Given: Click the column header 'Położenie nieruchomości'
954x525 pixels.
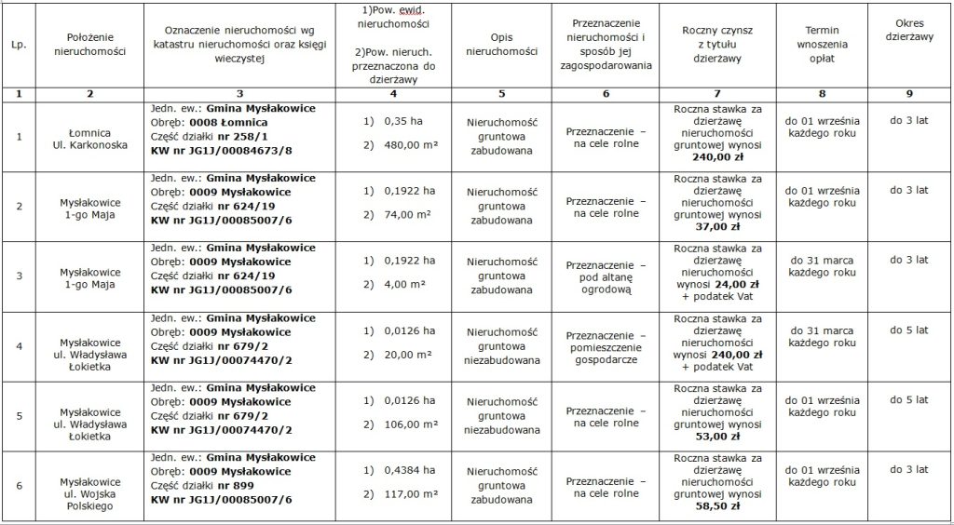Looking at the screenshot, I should (90, 44).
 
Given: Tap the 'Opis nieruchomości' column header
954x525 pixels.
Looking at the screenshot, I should (501, 44).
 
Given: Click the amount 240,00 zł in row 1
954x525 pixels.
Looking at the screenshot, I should (717, 158).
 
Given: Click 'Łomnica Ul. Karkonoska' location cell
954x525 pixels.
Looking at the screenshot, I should (90, 138).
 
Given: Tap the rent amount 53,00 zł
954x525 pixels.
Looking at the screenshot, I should (717, 435).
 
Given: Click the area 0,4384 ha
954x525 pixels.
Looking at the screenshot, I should (405, 470).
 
